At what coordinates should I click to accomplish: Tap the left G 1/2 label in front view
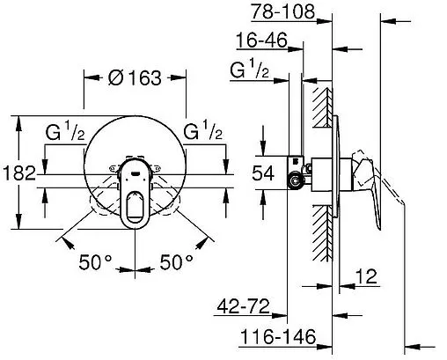pyautogui.click(x=65, y=135)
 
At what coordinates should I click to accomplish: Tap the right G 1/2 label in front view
pyautogui.click(x=203, y=135)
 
